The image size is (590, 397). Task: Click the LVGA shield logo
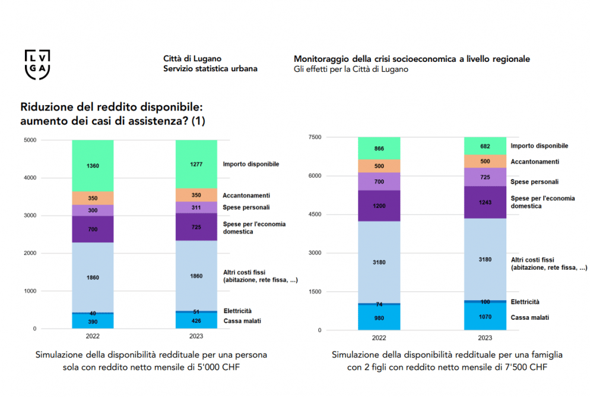37,64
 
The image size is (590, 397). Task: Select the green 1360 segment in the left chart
93,166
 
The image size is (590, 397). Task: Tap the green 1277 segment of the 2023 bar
196,164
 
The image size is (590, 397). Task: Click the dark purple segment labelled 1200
379,206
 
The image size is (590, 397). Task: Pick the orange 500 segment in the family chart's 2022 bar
379,166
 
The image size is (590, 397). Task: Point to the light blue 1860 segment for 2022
93,277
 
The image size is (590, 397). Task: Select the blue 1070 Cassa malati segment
485,316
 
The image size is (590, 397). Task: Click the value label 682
485,146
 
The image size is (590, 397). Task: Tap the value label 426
196,321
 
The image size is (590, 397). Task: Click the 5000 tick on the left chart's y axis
30,140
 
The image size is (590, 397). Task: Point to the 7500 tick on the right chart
315,137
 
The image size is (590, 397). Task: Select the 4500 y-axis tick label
315,215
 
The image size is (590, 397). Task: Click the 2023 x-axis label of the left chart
196,336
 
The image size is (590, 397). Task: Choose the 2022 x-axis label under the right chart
379,338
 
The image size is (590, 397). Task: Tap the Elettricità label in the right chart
525,302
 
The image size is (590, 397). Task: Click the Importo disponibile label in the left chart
251,164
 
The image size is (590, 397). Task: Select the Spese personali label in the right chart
534,181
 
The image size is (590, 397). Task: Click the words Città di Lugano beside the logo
192,58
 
